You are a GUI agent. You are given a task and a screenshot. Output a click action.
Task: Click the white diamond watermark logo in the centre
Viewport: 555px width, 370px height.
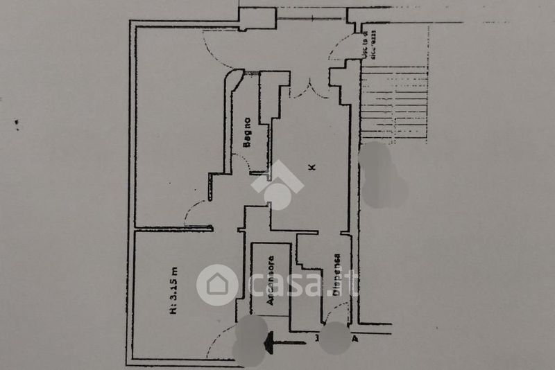(x=277, y=184)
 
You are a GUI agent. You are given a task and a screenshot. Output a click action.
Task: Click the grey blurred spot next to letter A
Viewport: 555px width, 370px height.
(x=336, y=338)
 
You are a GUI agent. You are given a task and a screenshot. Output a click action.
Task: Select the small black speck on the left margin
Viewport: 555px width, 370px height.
(x=17, y=125)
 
